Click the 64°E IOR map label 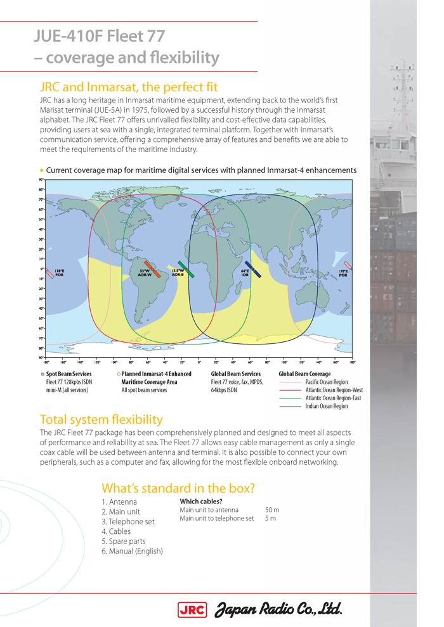[x=244, y=273]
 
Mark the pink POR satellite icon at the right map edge [x=348, y=265]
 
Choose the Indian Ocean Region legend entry [x=327, y=407]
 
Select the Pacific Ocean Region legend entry [x=327, y=383]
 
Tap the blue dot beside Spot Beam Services [x=42, y=374]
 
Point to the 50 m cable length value [x=271, y=510]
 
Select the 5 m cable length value [x=270, y=518]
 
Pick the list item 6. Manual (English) [x=132, y=552]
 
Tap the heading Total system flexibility [x=101, y=419]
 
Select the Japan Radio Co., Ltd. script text [x=280, y=611]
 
